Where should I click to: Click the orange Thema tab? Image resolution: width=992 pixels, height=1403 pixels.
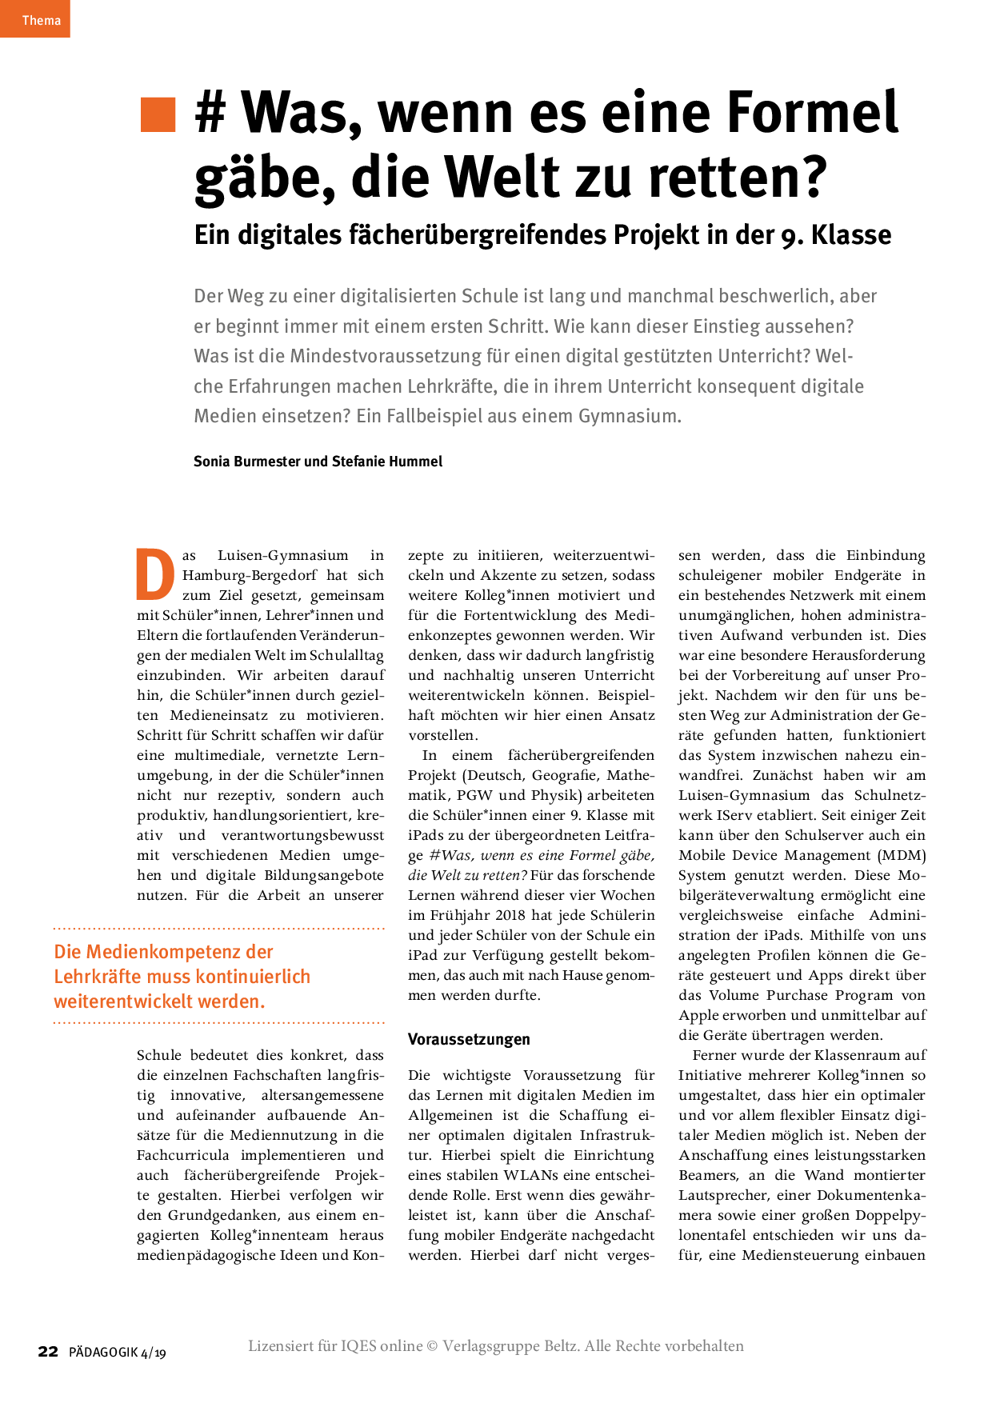(x=35, y=19)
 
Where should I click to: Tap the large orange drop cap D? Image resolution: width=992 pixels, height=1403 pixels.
(x=155, y=574)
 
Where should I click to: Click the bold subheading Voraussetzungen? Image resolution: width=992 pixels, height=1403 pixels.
(x=469, y=1039)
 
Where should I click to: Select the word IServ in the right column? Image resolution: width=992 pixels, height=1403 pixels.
(x=734, y=815)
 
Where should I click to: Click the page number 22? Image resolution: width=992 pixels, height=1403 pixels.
(x=48, y=1352)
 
